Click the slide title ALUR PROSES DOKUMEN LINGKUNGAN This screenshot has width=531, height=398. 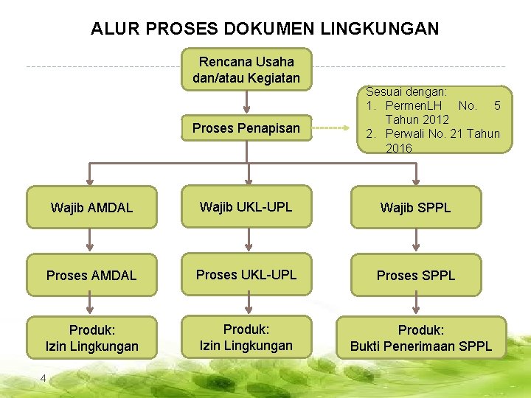265,29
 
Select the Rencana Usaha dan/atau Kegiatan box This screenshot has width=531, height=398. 246,69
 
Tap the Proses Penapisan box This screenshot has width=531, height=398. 246,128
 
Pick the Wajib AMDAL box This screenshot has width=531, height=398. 91,208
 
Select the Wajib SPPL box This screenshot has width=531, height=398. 415,208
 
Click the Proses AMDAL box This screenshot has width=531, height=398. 91,276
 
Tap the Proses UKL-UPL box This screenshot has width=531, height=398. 246,275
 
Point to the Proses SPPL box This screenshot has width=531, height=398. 416,276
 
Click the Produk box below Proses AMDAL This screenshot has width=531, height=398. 92,338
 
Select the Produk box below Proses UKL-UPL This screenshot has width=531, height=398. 246,337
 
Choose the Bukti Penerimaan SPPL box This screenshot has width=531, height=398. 421,338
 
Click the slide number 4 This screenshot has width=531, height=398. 43,378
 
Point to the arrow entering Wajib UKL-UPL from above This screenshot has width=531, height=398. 249,173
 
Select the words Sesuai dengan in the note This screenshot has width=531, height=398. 406,92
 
